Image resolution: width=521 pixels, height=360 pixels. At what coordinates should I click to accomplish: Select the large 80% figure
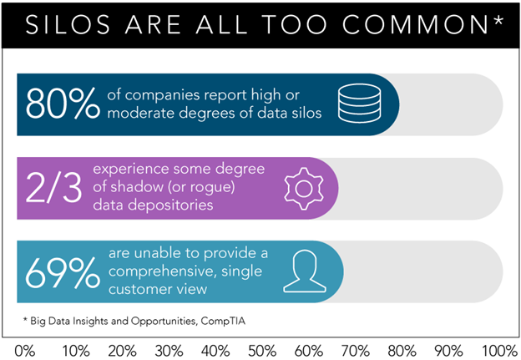[x=57, y=104]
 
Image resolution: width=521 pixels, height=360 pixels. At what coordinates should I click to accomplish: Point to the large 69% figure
[x=57, y=271]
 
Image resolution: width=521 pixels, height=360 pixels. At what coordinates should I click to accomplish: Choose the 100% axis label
[x=499, y=347]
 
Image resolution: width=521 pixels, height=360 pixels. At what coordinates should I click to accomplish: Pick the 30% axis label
[x=168, y=347]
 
